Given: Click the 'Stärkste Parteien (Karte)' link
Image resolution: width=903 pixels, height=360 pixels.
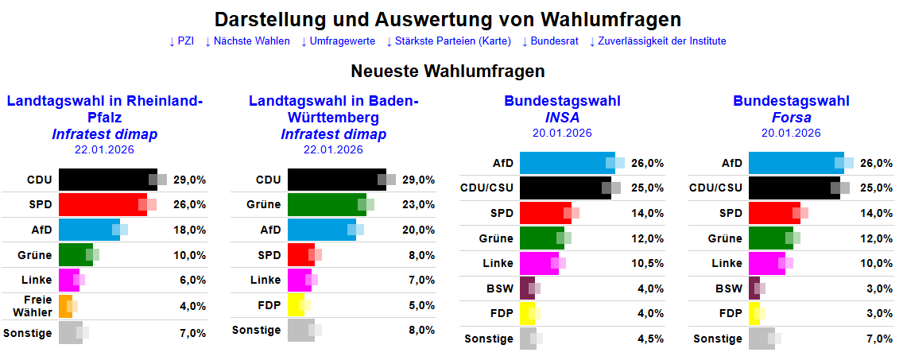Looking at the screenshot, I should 448,41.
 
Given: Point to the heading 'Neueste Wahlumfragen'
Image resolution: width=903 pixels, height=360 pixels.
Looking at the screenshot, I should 448,72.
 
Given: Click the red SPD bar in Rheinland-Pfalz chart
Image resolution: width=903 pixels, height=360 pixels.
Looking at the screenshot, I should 103,204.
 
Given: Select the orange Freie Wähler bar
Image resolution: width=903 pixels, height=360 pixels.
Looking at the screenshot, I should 65,306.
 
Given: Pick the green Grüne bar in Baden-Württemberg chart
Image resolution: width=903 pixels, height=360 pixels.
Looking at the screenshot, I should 326,204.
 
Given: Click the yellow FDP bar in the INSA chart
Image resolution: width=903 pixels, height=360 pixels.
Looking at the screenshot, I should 527,313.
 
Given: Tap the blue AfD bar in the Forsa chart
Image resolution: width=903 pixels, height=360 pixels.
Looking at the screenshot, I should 795,163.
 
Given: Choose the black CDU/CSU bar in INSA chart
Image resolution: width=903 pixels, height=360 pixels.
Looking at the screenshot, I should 564,188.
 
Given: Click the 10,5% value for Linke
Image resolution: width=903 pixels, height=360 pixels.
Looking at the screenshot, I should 648,263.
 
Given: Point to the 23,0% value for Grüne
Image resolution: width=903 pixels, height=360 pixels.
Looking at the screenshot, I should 419,204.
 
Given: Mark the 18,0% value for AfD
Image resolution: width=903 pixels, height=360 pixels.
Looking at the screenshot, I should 190,230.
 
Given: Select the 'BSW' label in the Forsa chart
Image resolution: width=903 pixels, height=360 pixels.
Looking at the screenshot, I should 728,288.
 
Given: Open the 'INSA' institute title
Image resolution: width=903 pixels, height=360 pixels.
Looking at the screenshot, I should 562,118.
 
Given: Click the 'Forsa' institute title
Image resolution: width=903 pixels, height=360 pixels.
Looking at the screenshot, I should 791,118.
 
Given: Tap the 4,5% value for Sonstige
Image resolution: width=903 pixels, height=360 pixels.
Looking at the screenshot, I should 650,339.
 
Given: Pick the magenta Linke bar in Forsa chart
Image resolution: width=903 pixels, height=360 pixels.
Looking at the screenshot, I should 766,263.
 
